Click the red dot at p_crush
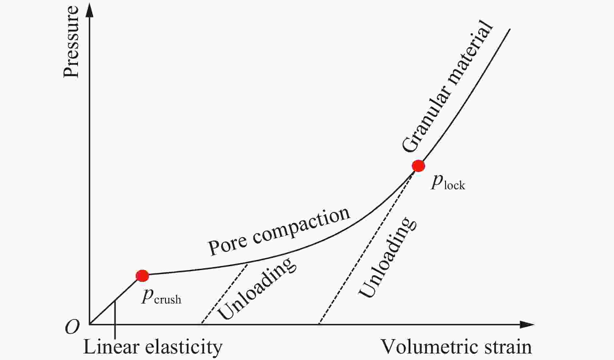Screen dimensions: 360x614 point(142,276)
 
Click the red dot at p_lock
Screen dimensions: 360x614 point(418,166)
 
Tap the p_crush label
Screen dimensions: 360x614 point(161,296)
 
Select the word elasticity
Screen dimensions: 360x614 point(184,347)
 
